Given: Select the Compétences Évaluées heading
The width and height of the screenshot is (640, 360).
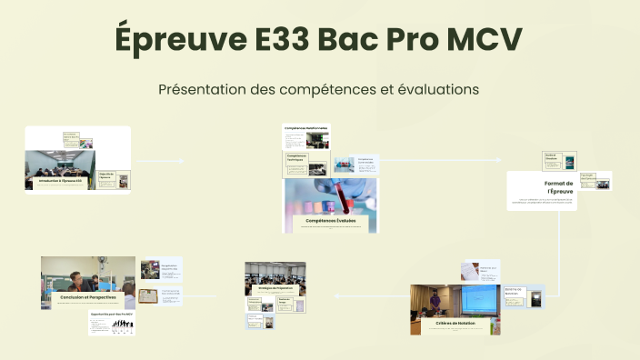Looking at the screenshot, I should click(x=331, y=221).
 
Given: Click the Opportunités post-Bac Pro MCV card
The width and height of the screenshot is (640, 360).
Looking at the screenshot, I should click(x=112, y=323).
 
